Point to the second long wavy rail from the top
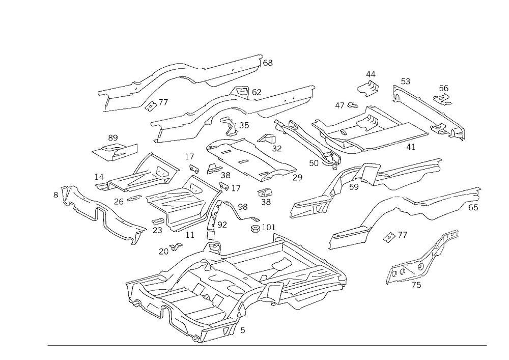point(229,109)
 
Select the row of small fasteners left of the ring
point(346,106)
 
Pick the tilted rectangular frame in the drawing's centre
point(249,158)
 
